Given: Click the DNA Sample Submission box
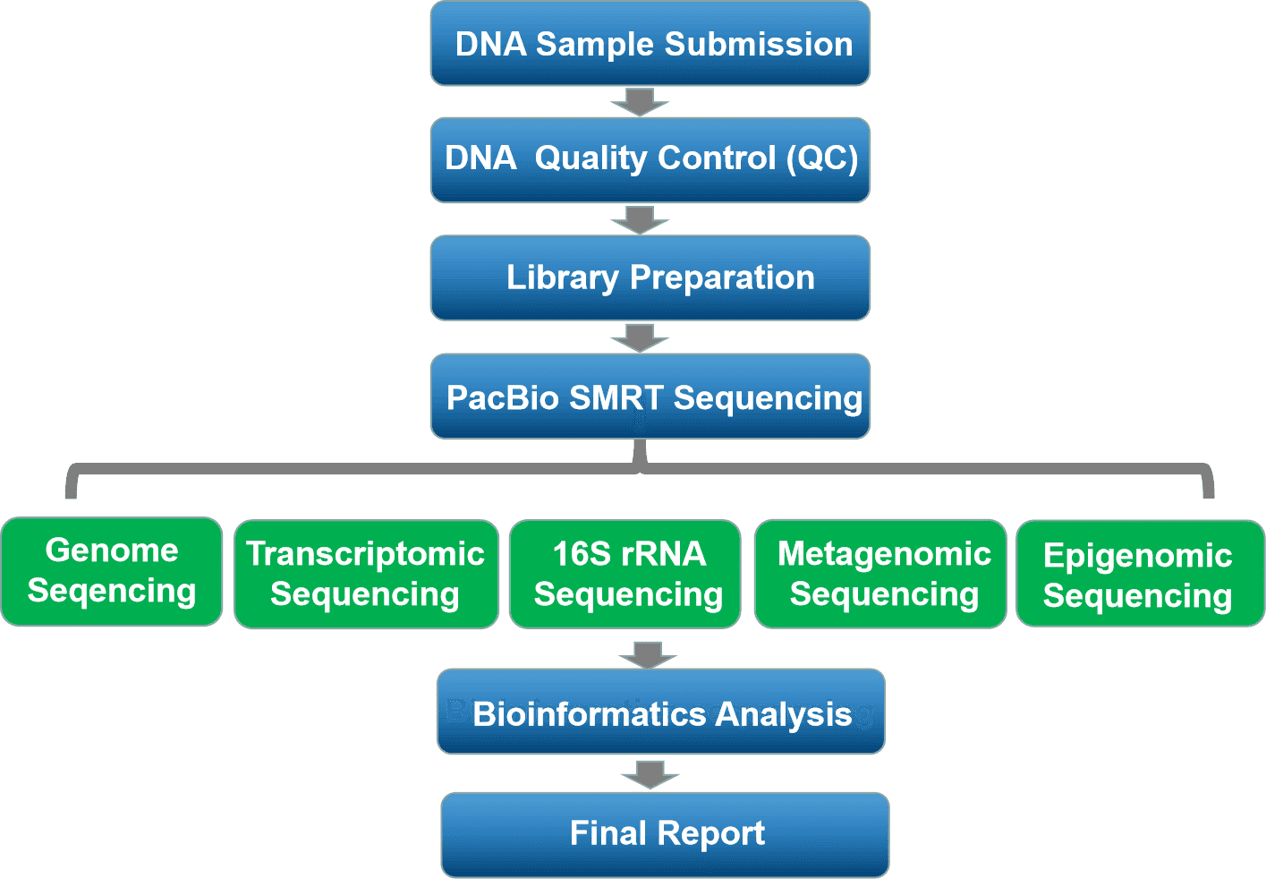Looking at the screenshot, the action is pyautogui.click(x=650, y=43).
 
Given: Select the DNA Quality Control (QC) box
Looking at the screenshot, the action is pyautogui.click(x=650, y=160).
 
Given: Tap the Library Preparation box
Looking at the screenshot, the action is pyautogui.click(x=650, y=277).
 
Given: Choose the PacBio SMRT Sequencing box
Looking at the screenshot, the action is pyautogui.click(x=650, y=396).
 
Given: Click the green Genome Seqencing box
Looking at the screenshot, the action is pyautogui.click(x=111, y=571).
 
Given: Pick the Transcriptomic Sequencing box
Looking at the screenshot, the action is pyautogui.click(x=366, y=574).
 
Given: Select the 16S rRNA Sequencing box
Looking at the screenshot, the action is pyautogui.click(x=625, y=574).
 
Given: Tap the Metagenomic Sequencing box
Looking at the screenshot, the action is pyautogui.click(x=880, y=574).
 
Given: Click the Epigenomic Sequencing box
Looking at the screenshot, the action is pyautogui.click(x=1141, y=574).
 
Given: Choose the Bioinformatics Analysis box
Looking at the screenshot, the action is pyautogui.click(x=660, y=711).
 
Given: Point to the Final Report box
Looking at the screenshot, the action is pyautogui.click(x=665, y=835).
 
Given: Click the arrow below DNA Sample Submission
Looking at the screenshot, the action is pyautogui.click(x=640, y=102).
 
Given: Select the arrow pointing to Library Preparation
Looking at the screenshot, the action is pyautogui.click(x=640, y=220).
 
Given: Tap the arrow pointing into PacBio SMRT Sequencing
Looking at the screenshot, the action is pyautogui.click(x=640, y=338).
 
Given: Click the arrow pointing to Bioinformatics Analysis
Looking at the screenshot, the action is pyautogui.click(x=648, y=655).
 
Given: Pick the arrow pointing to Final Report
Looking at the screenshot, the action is pyautogui.click(x=650, y=775).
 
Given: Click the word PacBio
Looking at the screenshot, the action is pyautogui.click(x=503, y=397).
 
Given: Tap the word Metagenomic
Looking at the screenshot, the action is pyautogui.click(x=885, y=554).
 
